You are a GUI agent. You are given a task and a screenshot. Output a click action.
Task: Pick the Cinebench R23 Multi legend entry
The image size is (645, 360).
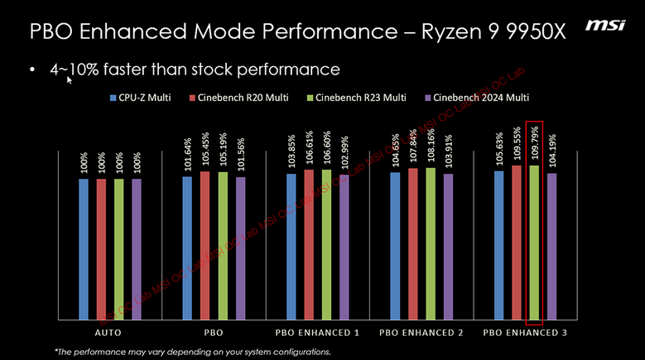click(361, 98)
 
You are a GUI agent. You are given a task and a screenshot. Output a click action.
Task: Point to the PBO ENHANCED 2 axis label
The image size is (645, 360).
click(421, 332)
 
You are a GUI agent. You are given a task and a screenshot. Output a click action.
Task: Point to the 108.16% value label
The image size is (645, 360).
click(431, 146)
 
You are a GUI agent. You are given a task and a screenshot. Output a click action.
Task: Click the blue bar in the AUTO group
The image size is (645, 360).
click(84, 248)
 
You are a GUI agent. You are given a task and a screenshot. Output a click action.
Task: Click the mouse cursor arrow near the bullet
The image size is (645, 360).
click(70, 79)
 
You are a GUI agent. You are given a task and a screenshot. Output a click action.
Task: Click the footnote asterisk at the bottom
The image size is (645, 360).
click(56, 351)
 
